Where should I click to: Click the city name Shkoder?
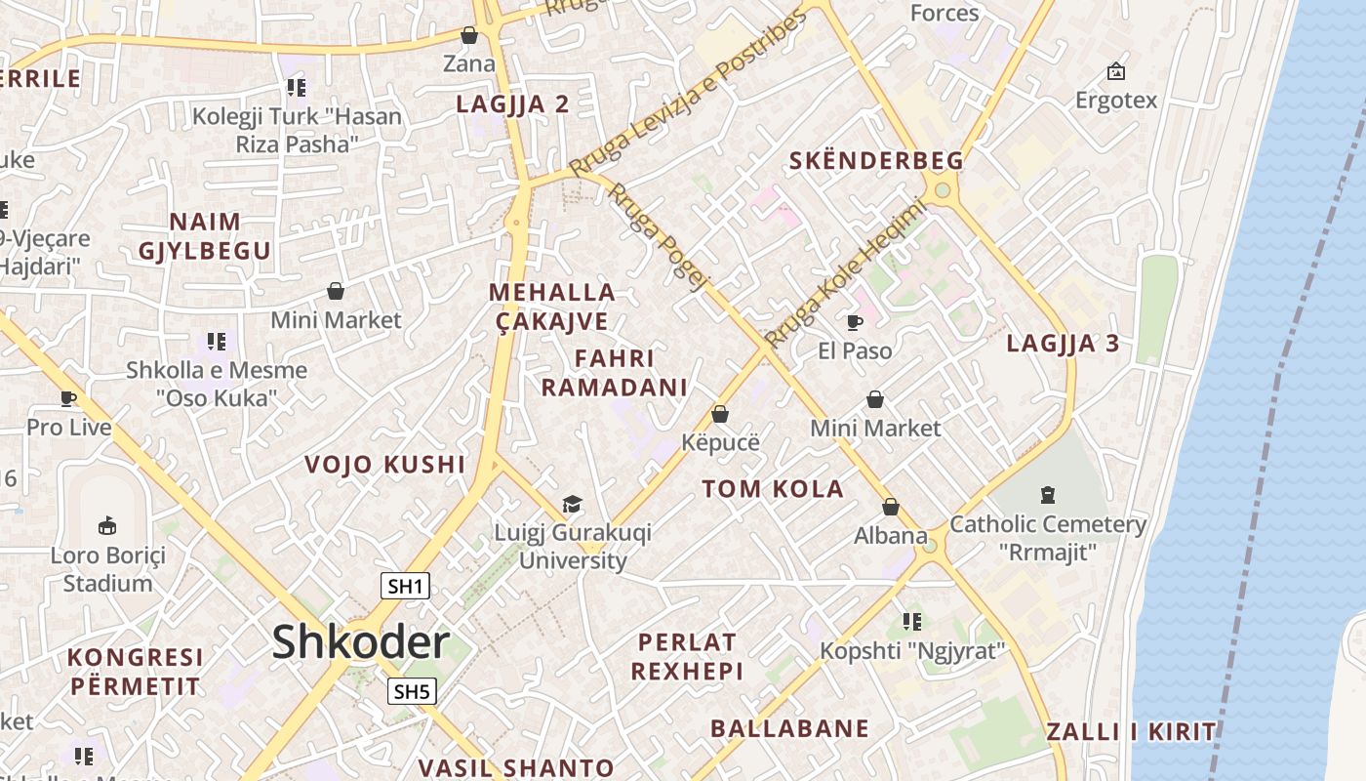tap(360, 642)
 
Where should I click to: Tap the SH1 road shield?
tap(405, 586)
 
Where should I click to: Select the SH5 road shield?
tap(411, 692)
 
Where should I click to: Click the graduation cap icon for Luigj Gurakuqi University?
tap(573, 504)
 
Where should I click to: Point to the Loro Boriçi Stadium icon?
tap(108, 526)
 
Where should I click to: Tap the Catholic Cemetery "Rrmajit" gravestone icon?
tap(1048, 495)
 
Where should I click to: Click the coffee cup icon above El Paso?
tap(855, 322)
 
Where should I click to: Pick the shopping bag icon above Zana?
tap(469, 36)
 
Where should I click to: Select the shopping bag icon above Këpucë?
tap(720, 414)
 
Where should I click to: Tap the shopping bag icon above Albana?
tap(890, 507)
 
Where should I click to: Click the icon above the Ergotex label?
tap(1115, 71)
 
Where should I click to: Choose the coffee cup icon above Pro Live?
tap(68, 398)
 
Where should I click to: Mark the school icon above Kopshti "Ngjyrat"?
tap(911, 622)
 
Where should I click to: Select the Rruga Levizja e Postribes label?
tap(689, 93)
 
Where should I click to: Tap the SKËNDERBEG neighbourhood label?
tap(875, 161)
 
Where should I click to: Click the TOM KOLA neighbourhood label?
tap(773, 489)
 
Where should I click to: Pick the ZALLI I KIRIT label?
tap(1131, 732)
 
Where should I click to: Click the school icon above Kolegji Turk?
tap(297, 89)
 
